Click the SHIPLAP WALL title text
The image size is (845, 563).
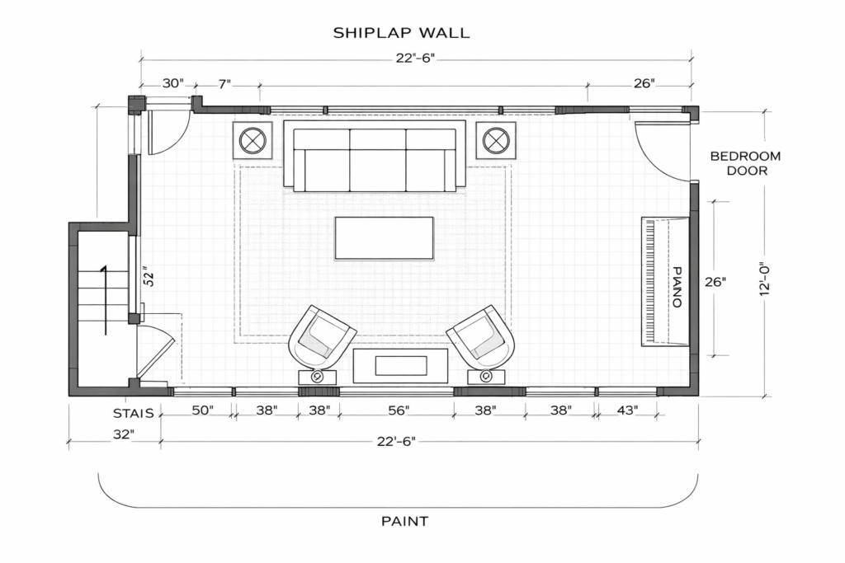pos(402,33)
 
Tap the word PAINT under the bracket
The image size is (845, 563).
pos(404,521)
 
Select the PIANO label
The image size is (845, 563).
pos(677,287)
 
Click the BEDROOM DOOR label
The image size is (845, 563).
pos(745,163)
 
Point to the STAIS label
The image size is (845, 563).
pos(134,413)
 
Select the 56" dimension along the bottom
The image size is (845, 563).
pos(399,411)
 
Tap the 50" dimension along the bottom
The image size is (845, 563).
pos(203,411)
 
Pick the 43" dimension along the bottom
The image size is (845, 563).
pos(627,411)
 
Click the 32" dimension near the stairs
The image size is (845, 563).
pos(123,434)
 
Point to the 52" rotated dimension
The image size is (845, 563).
pos(149,275)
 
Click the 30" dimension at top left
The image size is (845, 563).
pos(173,83)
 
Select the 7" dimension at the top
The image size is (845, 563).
pos(224,83)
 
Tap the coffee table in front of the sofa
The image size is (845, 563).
pos(385,238)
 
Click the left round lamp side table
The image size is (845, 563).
pos(253,140)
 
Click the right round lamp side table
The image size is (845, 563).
pos(496,140)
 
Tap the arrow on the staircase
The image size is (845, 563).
pos(105,300)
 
